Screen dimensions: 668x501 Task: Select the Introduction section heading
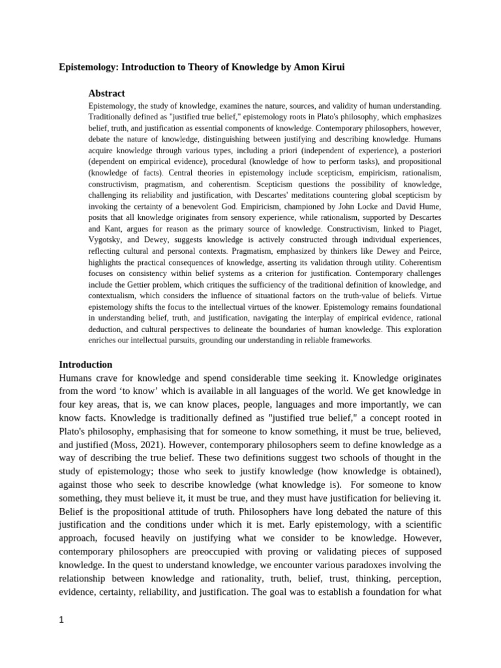[x=85, y=364]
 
